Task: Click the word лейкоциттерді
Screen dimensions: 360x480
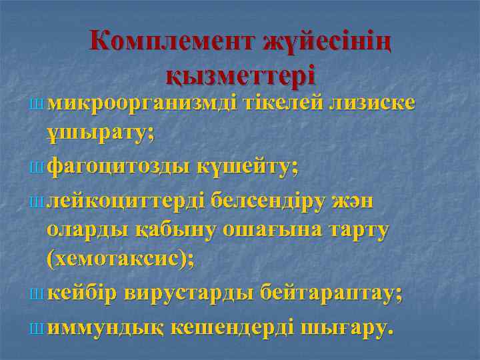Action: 127,200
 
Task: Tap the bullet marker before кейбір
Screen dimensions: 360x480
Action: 35,293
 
